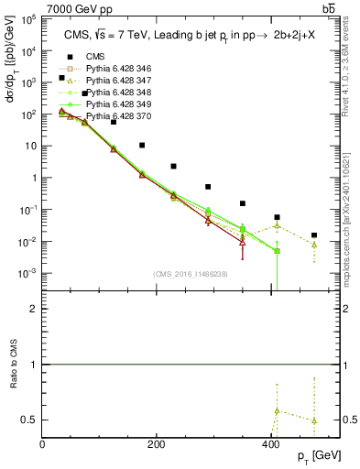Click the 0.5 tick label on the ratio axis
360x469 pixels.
point(30,420)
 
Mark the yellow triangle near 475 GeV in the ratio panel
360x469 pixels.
point(314,420)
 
